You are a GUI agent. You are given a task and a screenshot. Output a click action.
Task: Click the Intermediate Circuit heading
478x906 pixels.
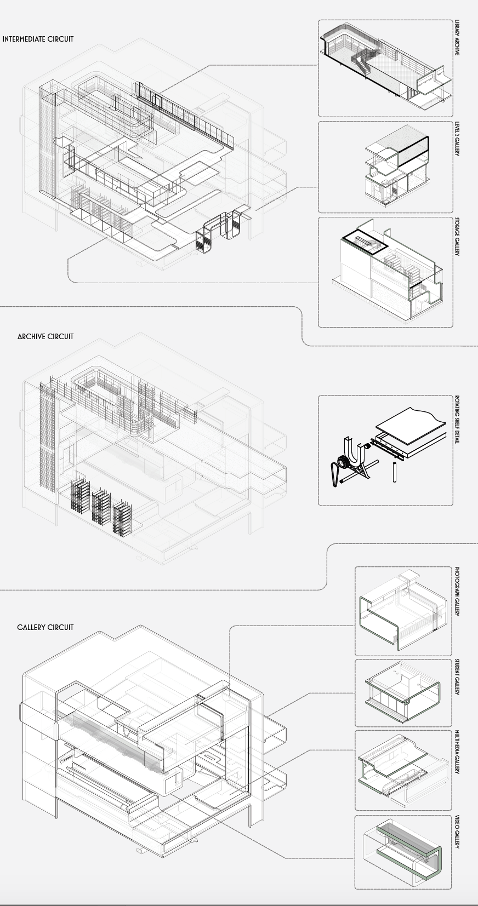(38, 39)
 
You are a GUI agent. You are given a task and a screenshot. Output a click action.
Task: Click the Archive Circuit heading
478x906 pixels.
(45, 336)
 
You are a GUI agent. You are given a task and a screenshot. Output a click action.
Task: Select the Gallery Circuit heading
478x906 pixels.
(45, 627)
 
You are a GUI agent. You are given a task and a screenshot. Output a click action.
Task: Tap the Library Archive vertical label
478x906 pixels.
(457, 38)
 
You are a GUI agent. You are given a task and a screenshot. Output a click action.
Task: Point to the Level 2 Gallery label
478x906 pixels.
(457, 139)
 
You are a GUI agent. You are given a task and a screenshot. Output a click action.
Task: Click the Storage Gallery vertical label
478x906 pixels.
(457, 237)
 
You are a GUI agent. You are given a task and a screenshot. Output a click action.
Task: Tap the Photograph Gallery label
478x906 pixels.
(457, 592)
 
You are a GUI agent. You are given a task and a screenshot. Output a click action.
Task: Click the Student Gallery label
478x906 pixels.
(457, 678)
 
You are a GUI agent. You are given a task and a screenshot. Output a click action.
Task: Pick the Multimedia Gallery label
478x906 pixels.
(457, 752)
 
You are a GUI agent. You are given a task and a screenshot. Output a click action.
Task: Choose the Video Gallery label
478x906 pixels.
(457, 832)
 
